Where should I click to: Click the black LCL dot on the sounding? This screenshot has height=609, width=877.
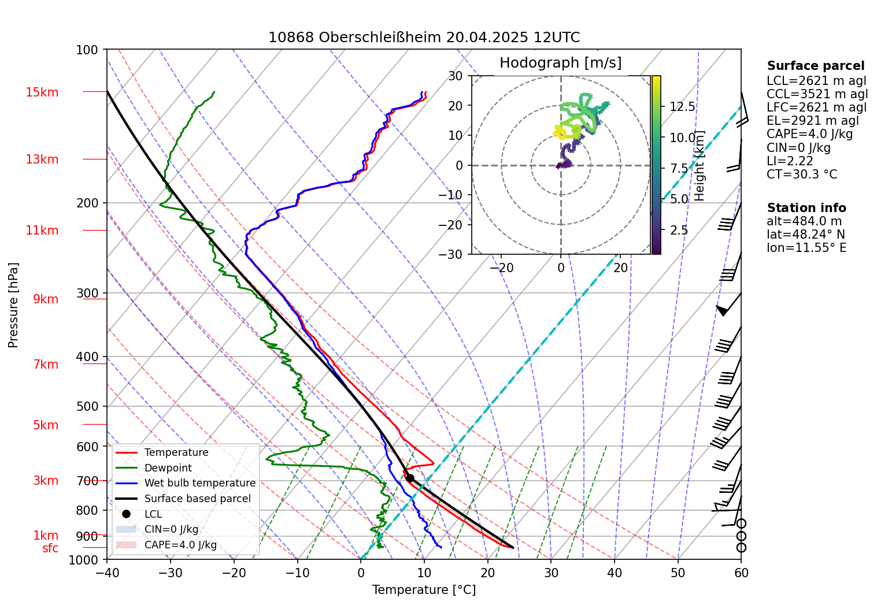410,478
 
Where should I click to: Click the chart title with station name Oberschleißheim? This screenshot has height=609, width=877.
424,38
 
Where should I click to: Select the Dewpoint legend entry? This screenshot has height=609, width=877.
168,468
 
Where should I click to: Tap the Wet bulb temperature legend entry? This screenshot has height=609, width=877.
199,483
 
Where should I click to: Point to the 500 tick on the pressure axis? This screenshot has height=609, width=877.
88,407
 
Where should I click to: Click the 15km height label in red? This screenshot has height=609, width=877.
42,92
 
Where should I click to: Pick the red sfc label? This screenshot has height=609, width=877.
50,548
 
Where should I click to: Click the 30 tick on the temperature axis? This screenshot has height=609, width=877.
551,573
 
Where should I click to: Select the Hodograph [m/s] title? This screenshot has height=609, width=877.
560,63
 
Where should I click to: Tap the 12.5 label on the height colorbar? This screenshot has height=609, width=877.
682,107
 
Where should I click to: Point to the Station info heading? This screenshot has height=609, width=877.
806,208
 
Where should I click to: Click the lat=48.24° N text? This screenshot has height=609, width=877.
806,235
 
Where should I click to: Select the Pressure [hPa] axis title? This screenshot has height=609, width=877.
13,305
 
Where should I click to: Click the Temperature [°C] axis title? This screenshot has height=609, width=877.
424,590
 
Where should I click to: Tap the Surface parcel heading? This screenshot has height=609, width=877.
816,66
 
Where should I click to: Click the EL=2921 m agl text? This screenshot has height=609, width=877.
813,121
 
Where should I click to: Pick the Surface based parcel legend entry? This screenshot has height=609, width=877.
197,499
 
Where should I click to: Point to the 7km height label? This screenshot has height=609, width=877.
46,365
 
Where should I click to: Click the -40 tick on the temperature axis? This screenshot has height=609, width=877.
107,573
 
